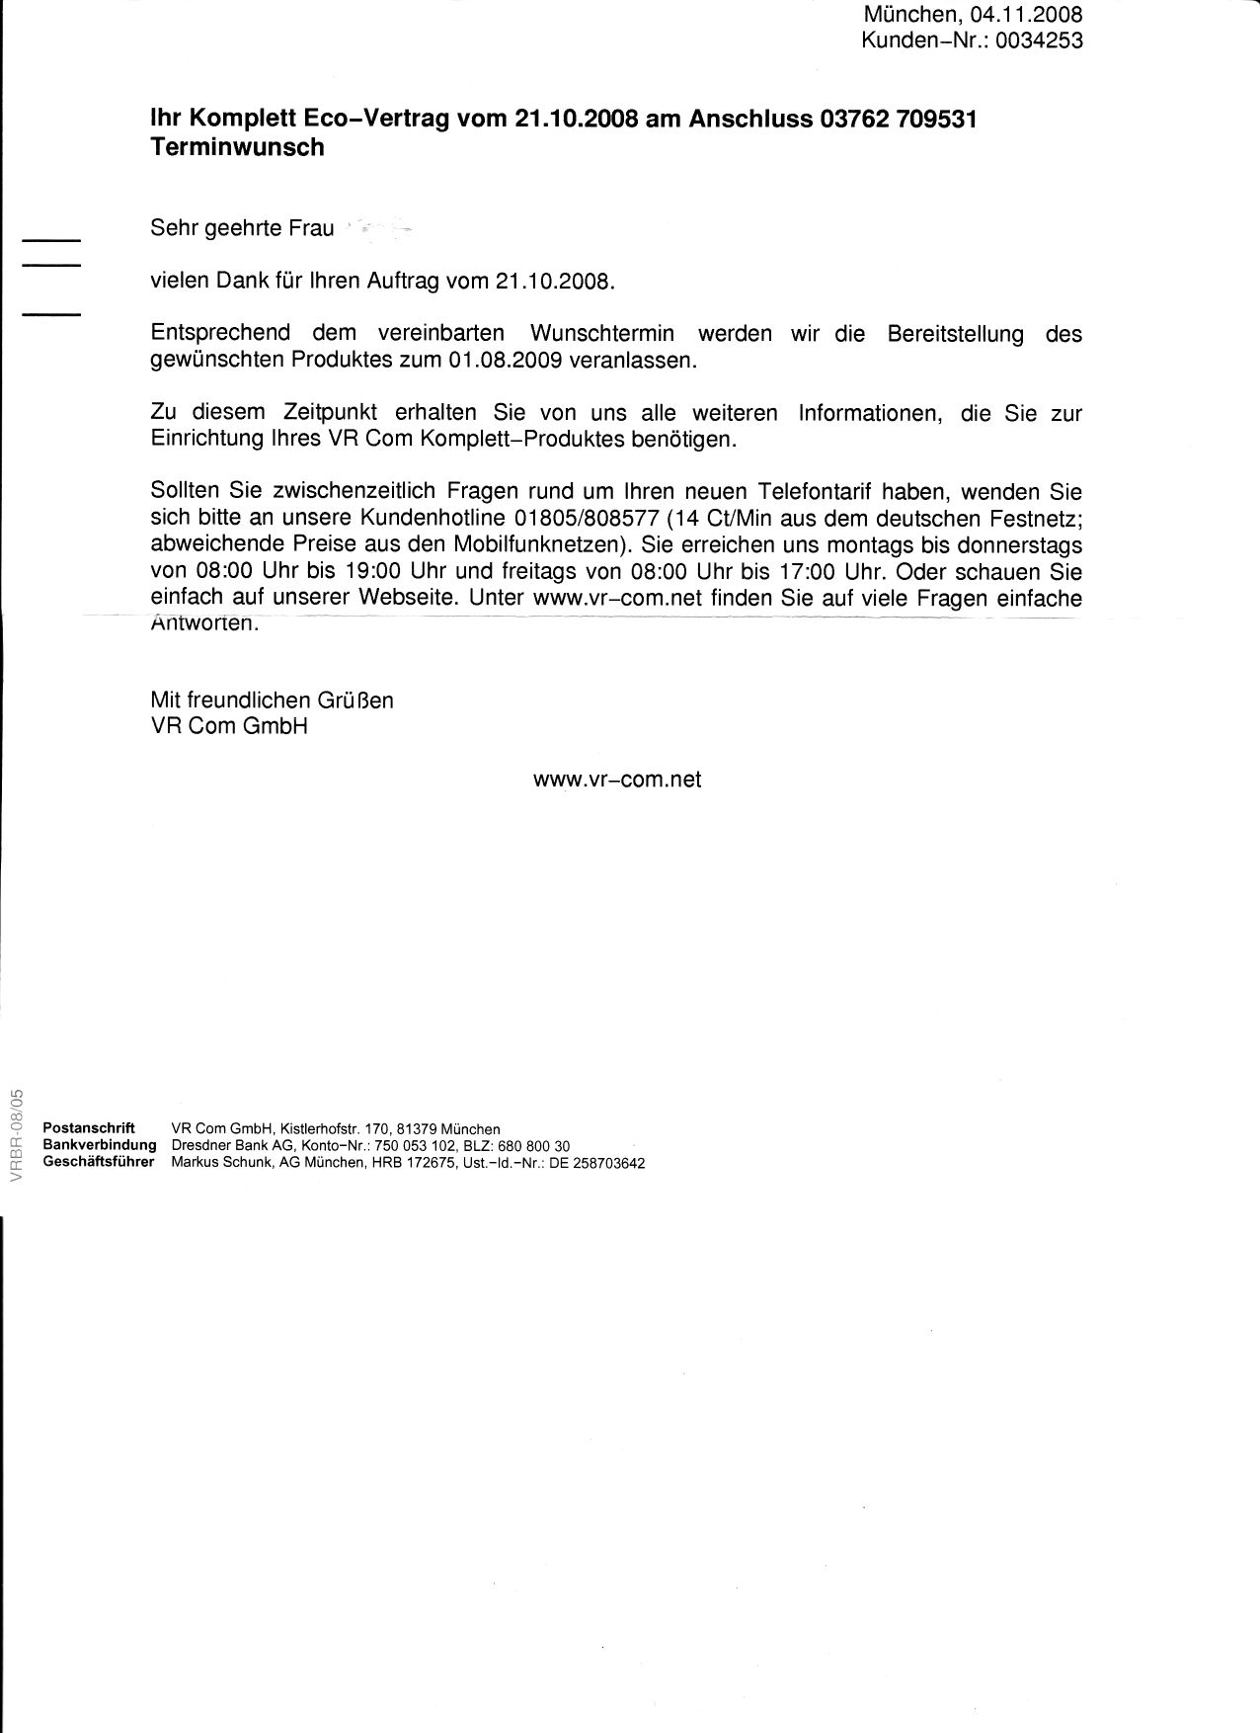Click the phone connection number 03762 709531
(898, 120)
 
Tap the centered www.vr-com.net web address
(617, 780)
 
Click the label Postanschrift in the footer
(89, 1128)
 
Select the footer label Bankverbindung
(100, 1145)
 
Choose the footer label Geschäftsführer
(99, 1162)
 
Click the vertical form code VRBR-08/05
(15, 1136)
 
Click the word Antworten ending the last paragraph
(204, 624)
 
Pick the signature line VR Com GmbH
(229, 726)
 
